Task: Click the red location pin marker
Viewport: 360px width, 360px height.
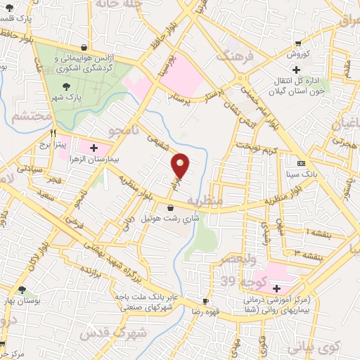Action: pos(181,165)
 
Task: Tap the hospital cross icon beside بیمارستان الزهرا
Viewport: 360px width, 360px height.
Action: pos(94,148)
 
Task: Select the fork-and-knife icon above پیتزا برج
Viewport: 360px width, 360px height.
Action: pos(53,131)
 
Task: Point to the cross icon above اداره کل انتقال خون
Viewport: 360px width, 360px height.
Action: pos(297,70)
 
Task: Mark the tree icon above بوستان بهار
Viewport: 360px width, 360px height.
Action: pos(22,290)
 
